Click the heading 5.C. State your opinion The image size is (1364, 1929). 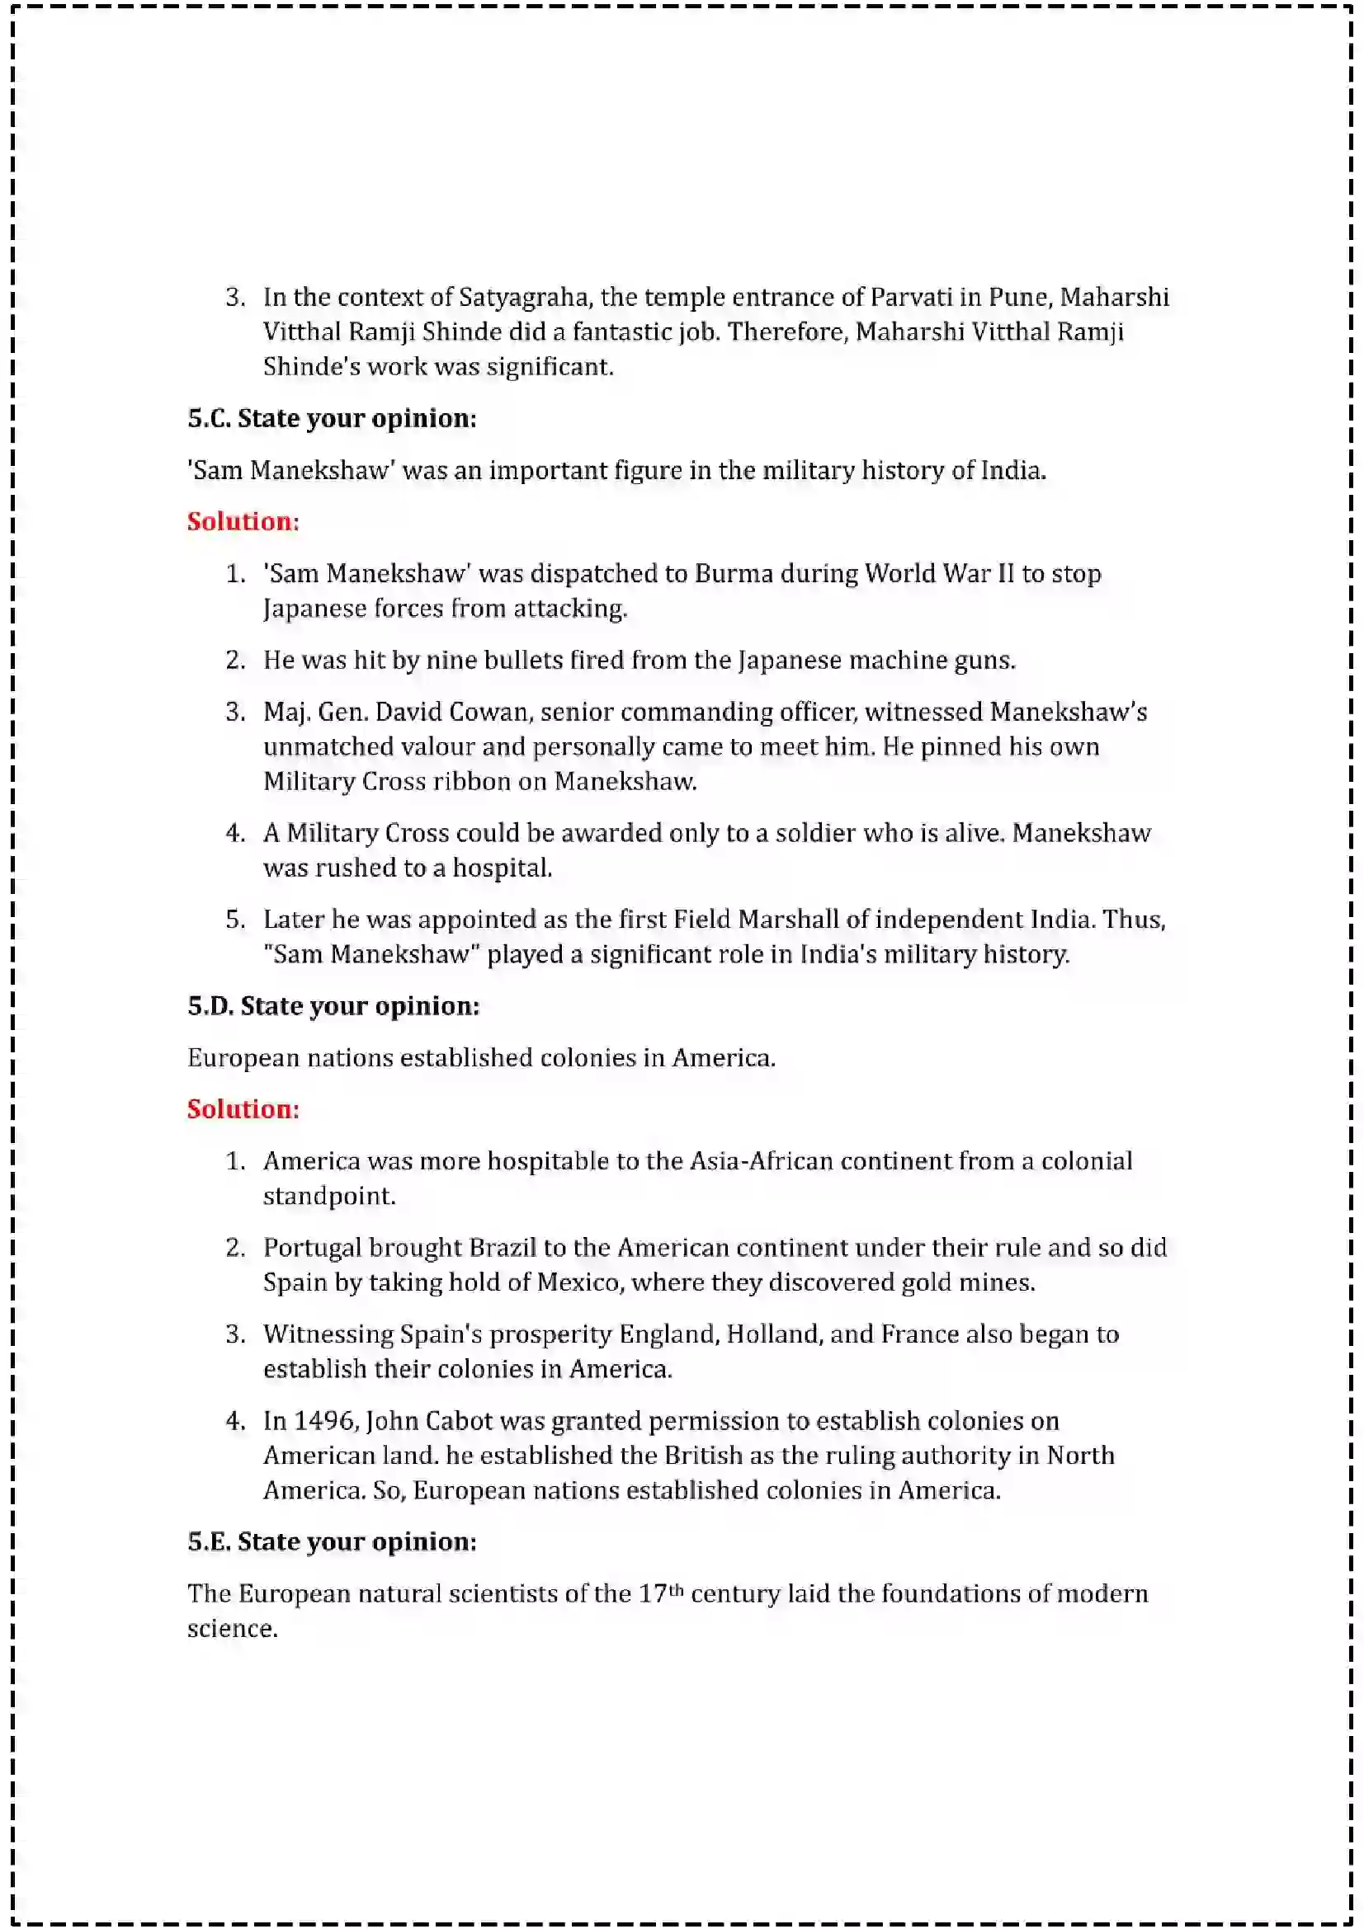[x=331, y=418]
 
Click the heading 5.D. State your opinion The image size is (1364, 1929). [x=333, y=1005]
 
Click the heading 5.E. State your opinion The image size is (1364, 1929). [x=331, y=1541]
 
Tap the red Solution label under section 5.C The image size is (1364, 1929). [x=243, y=521]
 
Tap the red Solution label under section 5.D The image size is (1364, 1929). [x=243, y=1109]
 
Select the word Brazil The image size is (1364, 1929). [x=502, y=1248]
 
